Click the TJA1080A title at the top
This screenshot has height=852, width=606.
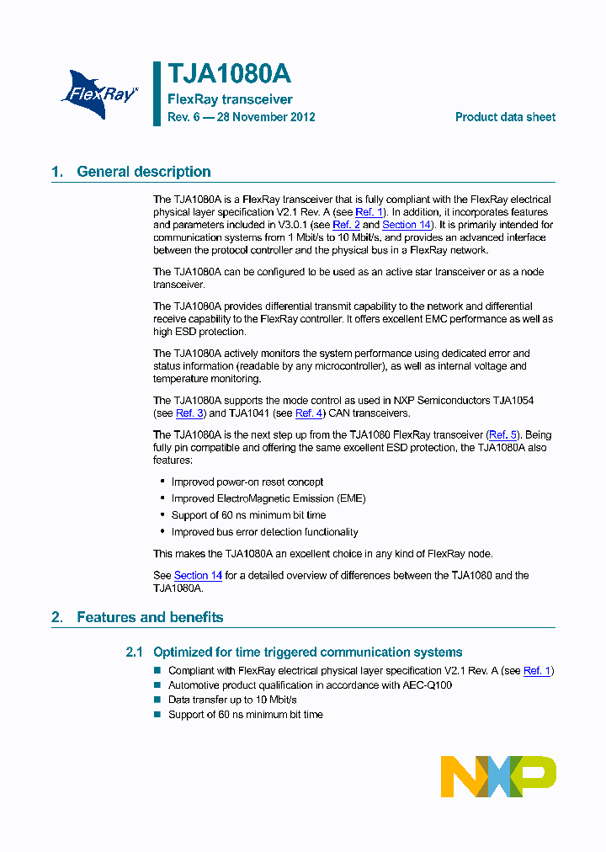click(x=229, y=74)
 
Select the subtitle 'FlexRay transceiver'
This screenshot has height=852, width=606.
click(x=230, y=99)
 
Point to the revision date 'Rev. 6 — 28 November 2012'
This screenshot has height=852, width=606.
click(x=241, y=117)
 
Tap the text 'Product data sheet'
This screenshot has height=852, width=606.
click(x=505, y=117)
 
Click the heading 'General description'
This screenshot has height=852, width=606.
click(x=143, y=172)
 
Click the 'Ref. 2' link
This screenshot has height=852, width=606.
click(x=346, y=225)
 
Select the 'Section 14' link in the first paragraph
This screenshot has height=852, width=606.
click(x=406, y=225)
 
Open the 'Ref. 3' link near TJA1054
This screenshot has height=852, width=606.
click(x=189, y=413)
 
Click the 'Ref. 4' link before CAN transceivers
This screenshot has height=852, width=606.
click(x=309, y=413)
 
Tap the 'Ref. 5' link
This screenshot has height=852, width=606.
click(x=503, y=434)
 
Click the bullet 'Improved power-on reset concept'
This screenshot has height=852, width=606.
click(x=247, y=482)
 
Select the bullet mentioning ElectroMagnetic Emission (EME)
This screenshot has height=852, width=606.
click(x=268, y=498)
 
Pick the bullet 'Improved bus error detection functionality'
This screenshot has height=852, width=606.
click(x=264, y=532)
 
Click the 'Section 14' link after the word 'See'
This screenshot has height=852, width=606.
click(x=198, y=575)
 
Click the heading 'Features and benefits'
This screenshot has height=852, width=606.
click(x=150, y=617)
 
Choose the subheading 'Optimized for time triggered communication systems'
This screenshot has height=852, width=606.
click(x=307, y=652)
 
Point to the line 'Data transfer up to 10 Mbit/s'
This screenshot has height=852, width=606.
click(x=232, y=700)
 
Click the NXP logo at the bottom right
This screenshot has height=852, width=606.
click(x=498, y=776)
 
